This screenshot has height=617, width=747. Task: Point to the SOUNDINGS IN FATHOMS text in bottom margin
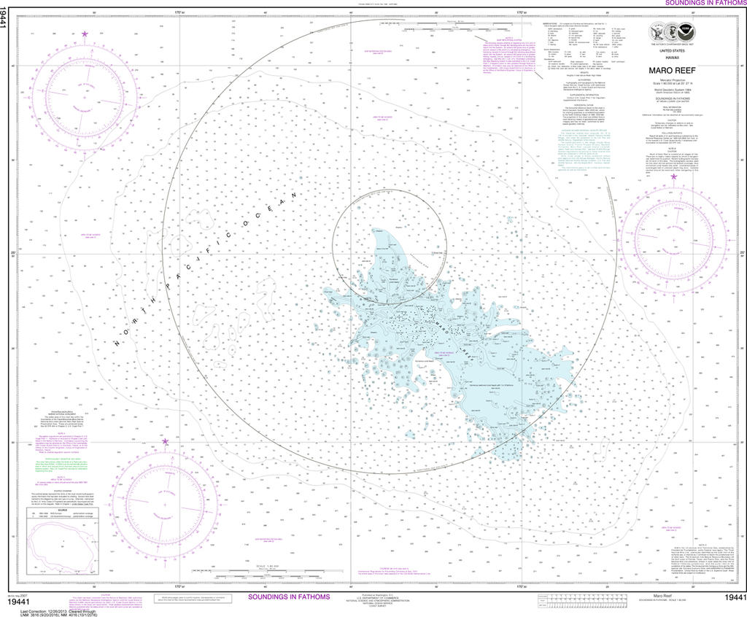289,597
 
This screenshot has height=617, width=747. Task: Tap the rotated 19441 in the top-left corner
5,22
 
